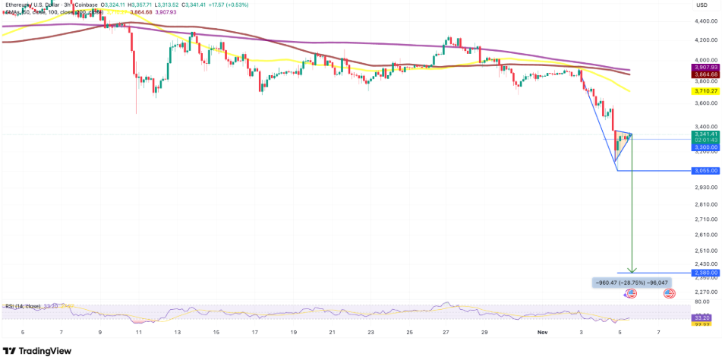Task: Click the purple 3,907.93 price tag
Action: click(x=705, y=68)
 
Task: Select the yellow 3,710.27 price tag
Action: click(x=705, y=91)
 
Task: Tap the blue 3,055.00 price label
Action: click(x=705, y=171)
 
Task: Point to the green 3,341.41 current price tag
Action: click(x=705, y=134)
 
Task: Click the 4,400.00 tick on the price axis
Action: click(x=705, y=20)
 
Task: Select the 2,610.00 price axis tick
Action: click(x=705, y=218)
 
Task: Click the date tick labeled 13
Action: click(x=177, y=333)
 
